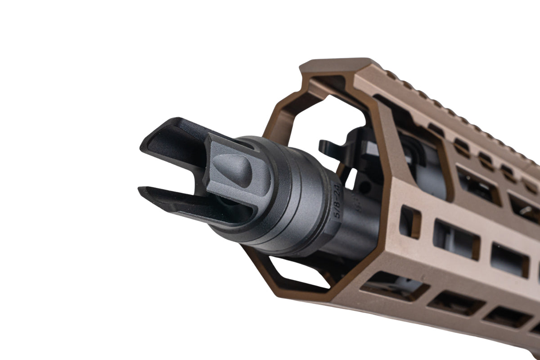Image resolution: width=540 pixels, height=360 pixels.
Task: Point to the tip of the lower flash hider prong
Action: point(139,190)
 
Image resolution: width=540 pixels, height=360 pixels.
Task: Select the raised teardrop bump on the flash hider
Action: point(233,170)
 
